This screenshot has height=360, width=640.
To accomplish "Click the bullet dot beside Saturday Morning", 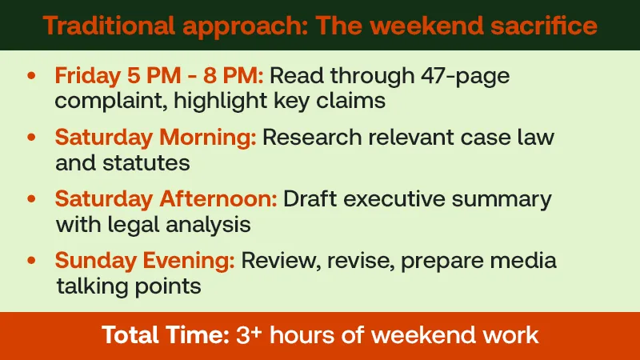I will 31,137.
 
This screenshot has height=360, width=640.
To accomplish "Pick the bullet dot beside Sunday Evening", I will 31,260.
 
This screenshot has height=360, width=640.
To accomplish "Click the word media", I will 522,261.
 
